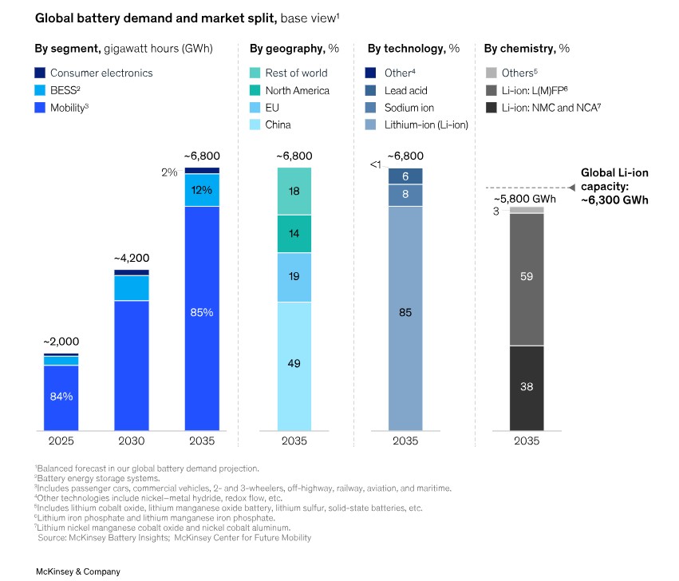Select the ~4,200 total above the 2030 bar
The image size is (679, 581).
[131, 259]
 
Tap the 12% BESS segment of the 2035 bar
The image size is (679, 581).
[202, 190]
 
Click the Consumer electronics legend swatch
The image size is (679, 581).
[40, 73]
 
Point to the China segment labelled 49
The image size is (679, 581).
[294, 364]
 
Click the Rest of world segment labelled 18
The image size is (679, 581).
[294, 191]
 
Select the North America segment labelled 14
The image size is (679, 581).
[294, 234]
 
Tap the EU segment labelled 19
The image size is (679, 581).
[294, 277]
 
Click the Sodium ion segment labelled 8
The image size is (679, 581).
[405, 195]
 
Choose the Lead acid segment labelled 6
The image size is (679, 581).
[405, 176]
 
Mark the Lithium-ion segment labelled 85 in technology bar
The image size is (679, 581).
[405, 312]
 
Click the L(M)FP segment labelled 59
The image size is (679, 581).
[527, 277]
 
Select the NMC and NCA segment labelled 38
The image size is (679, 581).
[527, 387]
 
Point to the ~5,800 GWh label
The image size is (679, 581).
[524, 199]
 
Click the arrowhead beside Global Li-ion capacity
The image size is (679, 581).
[571, 187]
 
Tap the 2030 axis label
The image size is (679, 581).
[131, 441]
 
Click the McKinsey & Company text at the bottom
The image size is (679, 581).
[78, 571]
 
